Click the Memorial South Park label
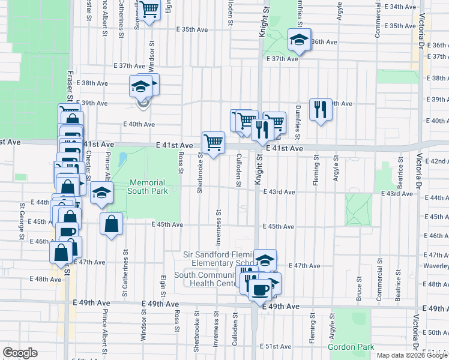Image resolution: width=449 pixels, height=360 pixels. (x=147, y=187)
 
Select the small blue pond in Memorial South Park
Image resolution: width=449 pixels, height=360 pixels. (x=122, y=160)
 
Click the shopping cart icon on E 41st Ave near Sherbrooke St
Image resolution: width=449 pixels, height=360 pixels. (x=213, y=143)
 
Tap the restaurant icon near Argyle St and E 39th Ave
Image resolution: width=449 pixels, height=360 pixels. (x=320, y=109)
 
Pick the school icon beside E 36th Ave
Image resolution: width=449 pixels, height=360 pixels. (x=299, y=40)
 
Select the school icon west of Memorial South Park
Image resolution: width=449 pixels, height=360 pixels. (x=102, y=193)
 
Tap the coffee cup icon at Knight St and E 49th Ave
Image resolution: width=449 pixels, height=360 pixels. (x=259, y=290)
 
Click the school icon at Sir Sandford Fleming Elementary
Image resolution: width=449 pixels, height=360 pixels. (x=265, y=260)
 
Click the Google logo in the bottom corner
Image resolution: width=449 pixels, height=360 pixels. (x=20, y=353)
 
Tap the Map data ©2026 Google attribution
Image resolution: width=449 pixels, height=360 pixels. (x=412, y=355)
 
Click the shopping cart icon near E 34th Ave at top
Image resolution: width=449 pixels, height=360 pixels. (x=149, y=9)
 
